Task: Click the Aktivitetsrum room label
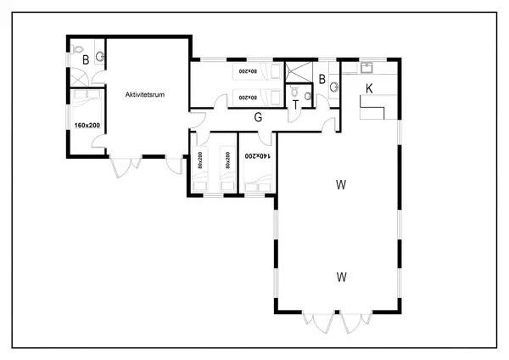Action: click(144, 93)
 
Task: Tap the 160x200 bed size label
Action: click(86, 126)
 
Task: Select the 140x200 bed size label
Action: click(258, 156)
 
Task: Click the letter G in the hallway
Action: click(258, 117)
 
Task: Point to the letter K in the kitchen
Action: click(369, 88)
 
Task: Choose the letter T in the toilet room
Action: click(295, 104)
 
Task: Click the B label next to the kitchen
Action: click(322, 80)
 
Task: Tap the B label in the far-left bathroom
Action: click(86, 59)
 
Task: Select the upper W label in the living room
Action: click(341, 184)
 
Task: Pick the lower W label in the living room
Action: click(341, 276)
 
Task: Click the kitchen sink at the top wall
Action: click(368, 67)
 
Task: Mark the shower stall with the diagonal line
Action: click(297, 71)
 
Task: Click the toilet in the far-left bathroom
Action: click(77, 48)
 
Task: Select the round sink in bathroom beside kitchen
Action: click(334, 87)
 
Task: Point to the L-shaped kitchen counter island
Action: click(373, 106)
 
